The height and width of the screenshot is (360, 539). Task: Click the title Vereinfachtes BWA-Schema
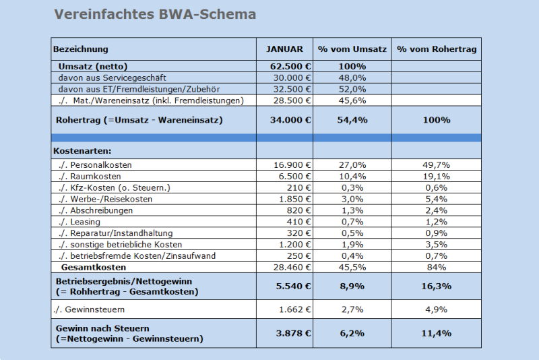point(154,14)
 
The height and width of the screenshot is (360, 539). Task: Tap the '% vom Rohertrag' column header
point(437,49)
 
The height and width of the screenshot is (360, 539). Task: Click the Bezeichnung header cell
point(81,49)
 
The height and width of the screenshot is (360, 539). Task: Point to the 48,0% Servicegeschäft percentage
point(352,78)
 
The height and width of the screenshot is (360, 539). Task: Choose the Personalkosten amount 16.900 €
point(294,164)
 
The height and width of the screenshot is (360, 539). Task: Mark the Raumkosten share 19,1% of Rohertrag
point(437,176)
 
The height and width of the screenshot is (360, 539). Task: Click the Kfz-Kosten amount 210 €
point(302,187)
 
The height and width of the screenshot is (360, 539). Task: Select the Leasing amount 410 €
point(302,222)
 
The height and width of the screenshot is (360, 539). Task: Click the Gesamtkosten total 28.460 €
point(294,268)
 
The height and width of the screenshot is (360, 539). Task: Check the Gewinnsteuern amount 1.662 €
point(296,310)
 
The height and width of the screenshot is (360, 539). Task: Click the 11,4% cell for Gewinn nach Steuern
point(437,333)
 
